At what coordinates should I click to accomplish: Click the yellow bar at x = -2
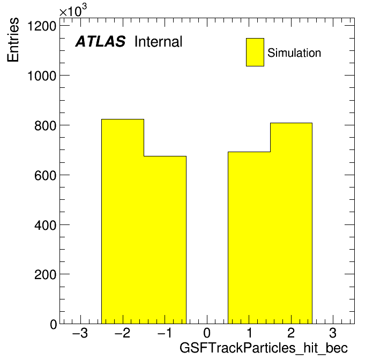123,221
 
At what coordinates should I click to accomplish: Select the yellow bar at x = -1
165,240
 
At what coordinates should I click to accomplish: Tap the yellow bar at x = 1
249,238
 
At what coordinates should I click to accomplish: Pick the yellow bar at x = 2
291,223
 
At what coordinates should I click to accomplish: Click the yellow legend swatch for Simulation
255,52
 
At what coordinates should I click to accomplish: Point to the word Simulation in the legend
294,52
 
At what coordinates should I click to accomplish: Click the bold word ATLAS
100,41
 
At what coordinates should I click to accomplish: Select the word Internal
159,41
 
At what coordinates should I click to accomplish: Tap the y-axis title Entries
13,40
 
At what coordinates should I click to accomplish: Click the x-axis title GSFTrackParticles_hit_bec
264,348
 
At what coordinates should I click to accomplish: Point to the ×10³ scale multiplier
73,10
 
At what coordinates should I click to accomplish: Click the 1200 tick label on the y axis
42,26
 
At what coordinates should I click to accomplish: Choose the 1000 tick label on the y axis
42,76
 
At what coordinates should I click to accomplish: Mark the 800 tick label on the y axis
45,125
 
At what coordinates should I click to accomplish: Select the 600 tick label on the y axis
45,176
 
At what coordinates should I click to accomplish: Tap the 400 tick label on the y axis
45,225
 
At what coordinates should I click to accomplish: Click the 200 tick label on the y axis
45,275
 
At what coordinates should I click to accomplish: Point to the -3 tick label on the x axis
80,333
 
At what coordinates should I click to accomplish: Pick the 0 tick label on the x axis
207,333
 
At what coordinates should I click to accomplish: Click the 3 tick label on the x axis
333,333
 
